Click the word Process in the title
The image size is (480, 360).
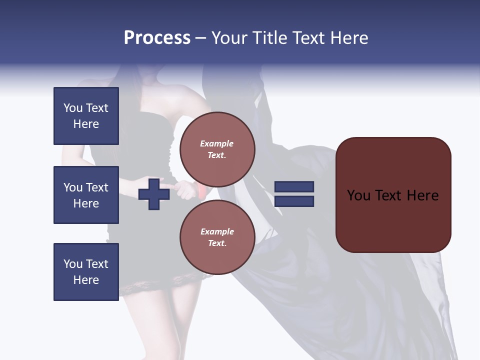(157, 37)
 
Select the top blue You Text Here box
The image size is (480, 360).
(86, 116)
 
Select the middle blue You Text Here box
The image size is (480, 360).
(86, 195)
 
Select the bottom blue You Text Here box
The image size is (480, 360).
(86, 271)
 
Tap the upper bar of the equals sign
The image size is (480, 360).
(294, 186)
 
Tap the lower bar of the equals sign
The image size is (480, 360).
(294, 201)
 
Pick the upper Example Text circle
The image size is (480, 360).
(217, 149)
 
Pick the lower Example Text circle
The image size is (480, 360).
(217, 237)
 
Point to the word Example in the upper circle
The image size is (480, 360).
(217, 143)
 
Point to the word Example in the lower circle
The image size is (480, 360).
(217, 231)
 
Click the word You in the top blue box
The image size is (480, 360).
(73, 108)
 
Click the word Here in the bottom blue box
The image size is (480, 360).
(86, 280)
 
